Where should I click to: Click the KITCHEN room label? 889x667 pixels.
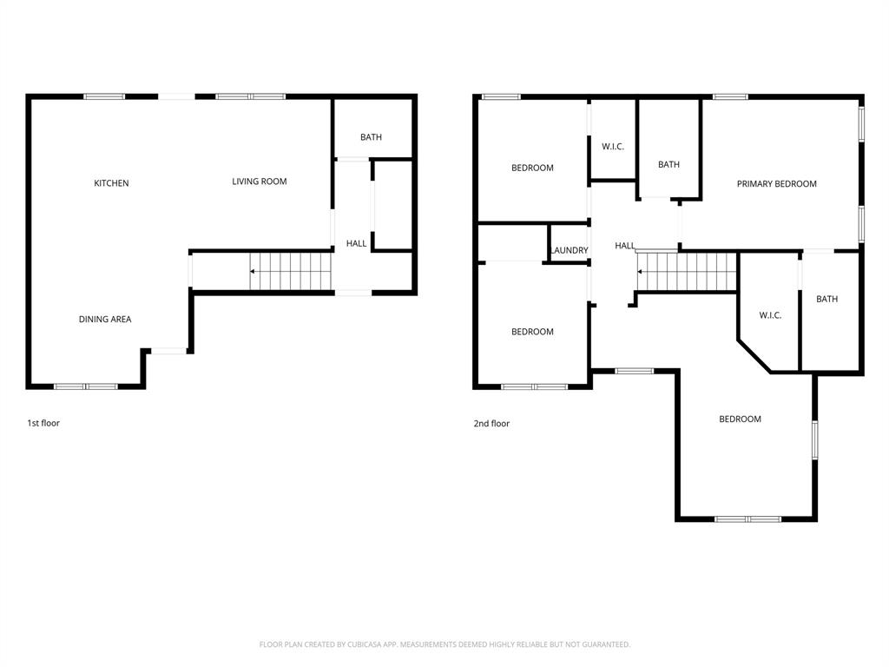pyautogui.click(x=111, y=183)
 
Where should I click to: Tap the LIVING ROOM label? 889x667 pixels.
pyautogui.click(x=259, y=182)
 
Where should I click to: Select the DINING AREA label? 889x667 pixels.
pyautogui.click(x=105, y=320)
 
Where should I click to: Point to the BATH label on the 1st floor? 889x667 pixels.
pyautogui.click(x=371, y=137)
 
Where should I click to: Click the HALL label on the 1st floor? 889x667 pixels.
pyautogui.click(x=356, y=244)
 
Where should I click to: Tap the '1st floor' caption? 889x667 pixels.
pyautogui.click(x=43, y=423)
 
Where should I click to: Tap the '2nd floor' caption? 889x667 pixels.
pyautogui.click(x=491, y=424)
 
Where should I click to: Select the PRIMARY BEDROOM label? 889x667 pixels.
pyautogui.click(x=776, y=184)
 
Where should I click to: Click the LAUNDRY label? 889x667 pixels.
pyautogui.click(x=570, y=251)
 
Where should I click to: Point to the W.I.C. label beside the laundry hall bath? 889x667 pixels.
pyautogui.click(x=613, y=147)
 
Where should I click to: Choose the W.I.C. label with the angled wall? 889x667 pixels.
pyautogui.click(x=770, y=315)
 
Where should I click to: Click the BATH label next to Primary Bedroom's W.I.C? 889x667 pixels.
pyautogui.click(x=826, y=300)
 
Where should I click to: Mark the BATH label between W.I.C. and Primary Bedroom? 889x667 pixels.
pyautogui.click(x=668, y=165)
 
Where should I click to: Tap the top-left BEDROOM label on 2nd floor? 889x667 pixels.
pyautogui.click(x=532, y=168)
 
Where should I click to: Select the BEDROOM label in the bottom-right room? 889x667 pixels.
pyautogui.click(x=740, y=419)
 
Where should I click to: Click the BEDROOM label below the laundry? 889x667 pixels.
pyautogui.click(x=532, y=332)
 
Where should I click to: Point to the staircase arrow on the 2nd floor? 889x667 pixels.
pyautogui.click(x=641, y=272)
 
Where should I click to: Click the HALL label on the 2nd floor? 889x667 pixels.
pyautogui.click(x=625, y=247)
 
